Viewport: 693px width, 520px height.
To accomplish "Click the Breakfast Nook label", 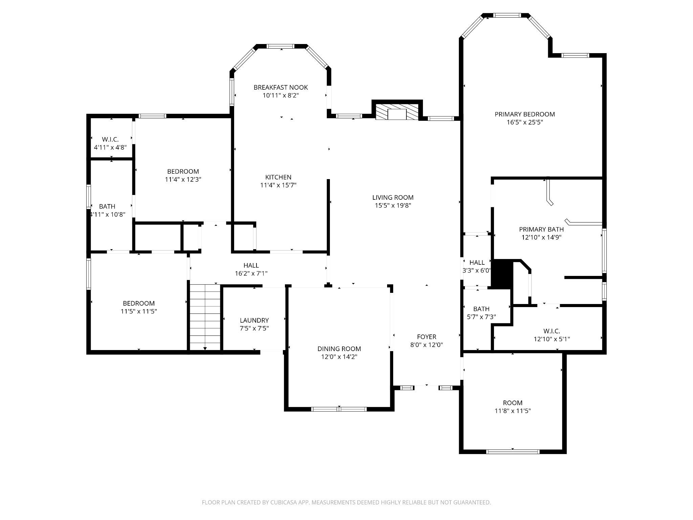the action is pyautogui.click(x=281, y=87).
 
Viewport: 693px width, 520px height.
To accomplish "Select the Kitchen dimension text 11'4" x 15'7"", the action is pyautogui.click(x=278, y=185).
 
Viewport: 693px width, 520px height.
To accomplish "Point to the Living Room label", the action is pyautogui.click(x=393, y=197).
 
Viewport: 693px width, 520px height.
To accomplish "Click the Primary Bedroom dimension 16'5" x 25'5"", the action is pyautogui.click(x=525, y=122).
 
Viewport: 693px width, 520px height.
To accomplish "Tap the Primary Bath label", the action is pyautogui.click(x=541, y=229).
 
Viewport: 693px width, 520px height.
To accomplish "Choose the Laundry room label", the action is pyautogui.click(x=254, y=320).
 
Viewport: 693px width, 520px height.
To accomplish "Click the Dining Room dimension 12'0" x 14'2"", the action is pyautogui.click(x=339, y=357).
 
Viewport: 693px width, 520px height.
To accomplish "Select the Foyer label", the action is pyautogui.click(x=426, y=337).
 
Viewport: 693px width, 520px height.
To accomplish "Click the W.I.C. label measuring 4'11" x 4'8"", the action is pyautogui.click(x=110, y=139).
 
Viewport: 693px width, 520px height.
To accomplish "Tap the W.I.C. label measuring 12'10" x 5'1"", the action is pyautogui.click(x=552, y=331).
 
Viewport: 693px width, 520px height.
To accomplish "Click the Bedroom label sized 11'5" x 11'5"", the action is pyautogui.click(x=139, y=303).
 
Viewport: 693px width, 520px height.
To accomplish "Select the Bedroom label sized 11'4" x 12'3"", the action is pyautogui.click(x=183, y=171).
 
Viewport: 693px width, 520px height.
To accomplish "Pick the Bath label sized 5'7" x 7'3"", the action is pyautogui.click(x=481, y=309).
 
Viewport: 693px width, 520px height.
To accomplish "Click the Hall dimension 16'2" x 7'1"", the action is pyautogui.click(x=251, y=274).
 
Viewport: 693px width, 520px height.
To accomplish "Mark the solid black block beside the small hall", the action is pyautogui.click(x=502, y=274).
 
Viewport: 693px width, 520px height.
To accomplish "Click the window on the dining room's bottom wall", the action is pyautogui.click(x=339, y=409).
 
